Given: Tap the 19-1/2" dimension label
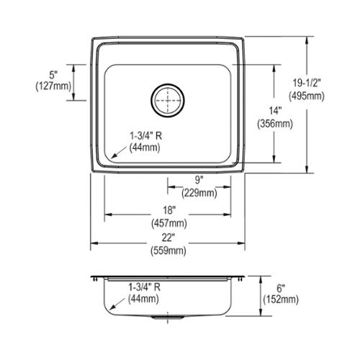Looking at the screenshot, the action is tap(307, 83).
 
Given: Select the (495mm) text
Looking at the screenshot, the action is tap(307, 96).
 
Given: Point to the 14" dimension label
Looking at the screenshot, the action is tap(275, 111).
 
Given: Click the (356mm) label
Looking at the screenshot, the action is tap(275, 124).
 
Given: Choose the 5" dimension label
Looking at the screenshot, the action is tap(53, 75).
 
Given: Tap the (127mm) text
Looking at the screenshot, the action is tap(53, 86).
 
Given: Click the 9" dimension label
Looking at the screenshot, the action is tap(199, 180).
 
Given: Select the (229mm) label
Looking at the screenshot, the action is tap(199, 193).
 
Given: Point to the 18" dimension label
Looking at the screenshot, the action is tap(169, 210).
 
